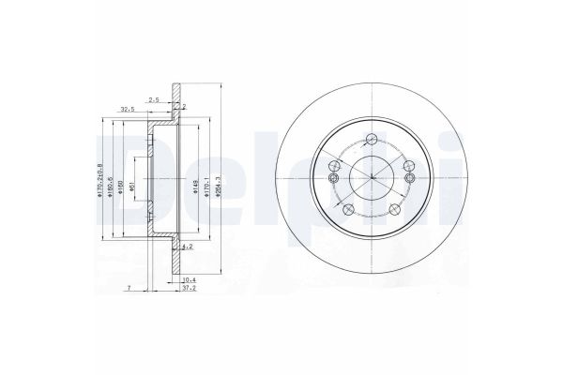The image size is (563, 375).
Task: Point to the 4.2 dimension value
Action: coord(187,247)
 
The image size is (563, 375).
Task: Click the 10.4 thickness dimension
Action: coord(187,280)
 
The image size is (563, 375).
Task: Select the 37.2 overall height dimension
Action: coord(187,289)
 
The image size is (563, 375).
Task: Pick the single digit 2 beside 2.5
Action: coord(185,107)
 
